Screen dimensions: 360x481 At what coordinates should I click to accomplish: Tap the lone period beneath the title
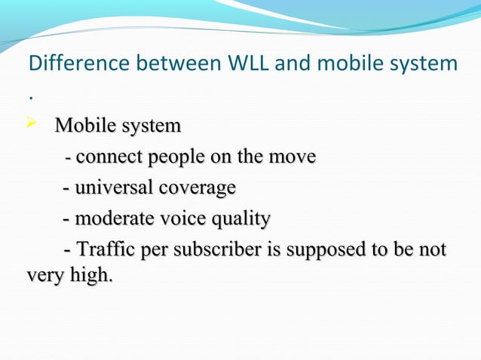click(30, 97)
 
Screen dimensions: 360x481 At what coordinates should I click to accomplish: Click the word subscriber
click(216, 249)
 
